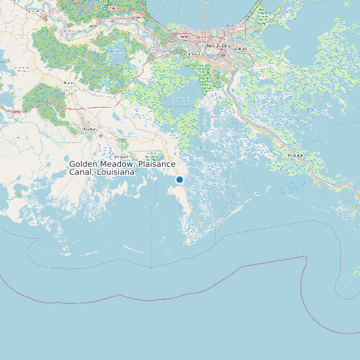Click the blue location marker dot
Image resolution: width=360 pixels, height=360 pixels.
[179, 179]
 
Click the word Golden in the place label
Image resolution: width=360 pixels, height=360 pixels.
[84, 164]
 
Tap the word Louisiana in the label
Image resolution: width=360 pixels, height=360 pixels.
[116, 172]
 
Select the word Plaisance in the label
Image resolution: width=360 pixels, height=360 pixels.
[158, 164]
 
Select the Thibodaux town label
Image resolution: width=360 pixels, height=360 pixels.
[68, 82]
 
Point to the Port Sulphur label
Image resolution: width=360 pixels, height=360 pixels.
[295, 155]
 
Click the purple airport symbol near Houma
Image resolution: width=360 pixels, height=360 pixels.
[101, 135]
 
